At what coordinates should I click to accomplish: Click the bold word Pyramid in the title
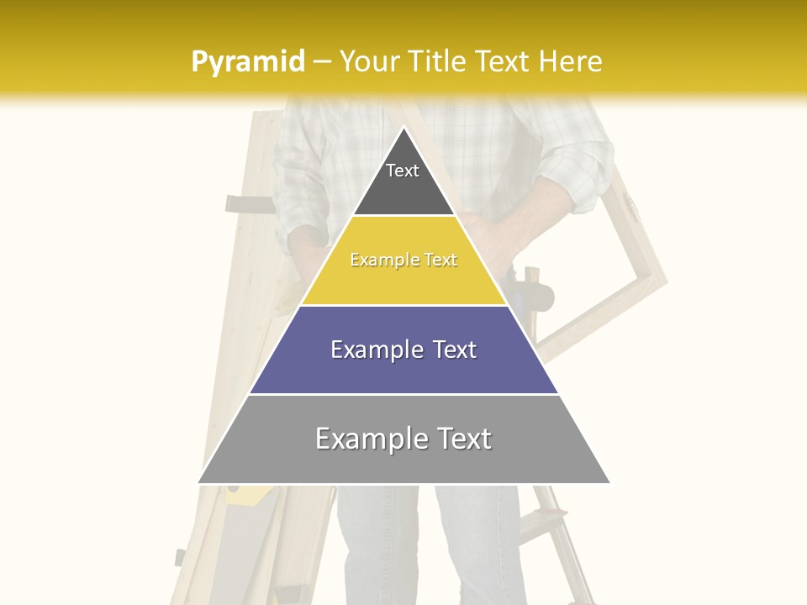tap(247, 61)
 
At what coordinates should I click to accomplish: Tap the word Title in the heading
tap(441, 61)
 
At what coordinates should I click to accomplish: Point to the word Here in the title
tap(570, 61)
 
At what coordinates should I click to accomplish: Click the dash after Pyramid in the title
tap(321, 62)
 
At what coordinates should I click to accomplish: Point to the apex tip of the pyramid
tap(403, 128)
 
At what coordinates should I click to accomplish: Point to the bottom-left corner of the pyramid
tap(199, 482)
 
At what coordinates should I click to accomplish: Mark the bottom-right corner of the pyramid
tap(609, 482)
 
